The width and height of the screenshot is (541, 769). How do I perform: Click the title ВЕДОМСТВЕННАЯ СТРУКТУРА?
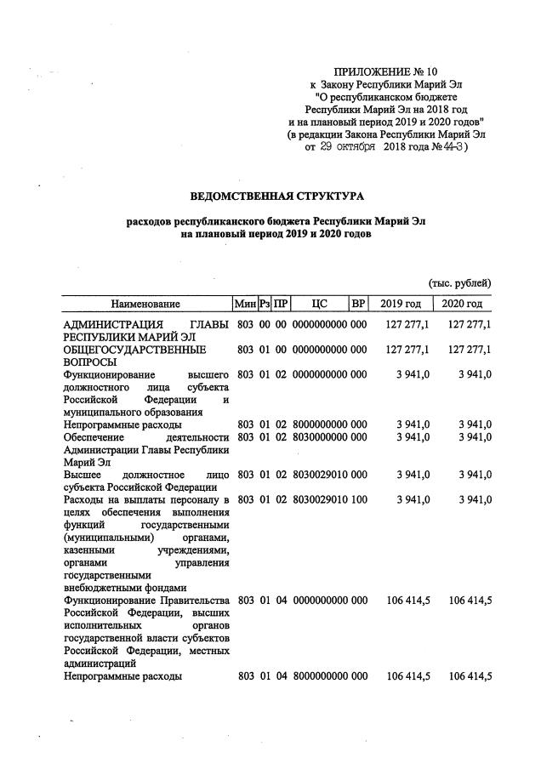coord(276,197)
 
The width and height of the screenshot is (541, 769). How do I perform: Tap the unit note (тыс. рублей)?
coord(458,282)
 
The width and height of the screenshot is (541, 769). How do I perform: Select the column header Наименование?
coord(145,304)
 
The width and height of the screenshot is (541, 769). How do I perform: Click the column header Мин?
coord(245,304)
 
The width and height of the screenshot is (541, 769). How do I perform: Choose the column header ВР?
coord(358,304)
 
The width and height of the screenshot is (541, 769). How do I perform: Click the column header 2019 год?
coord(400,304)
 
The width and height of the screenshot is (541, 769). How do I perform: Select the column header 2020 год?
coord(462,304)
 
